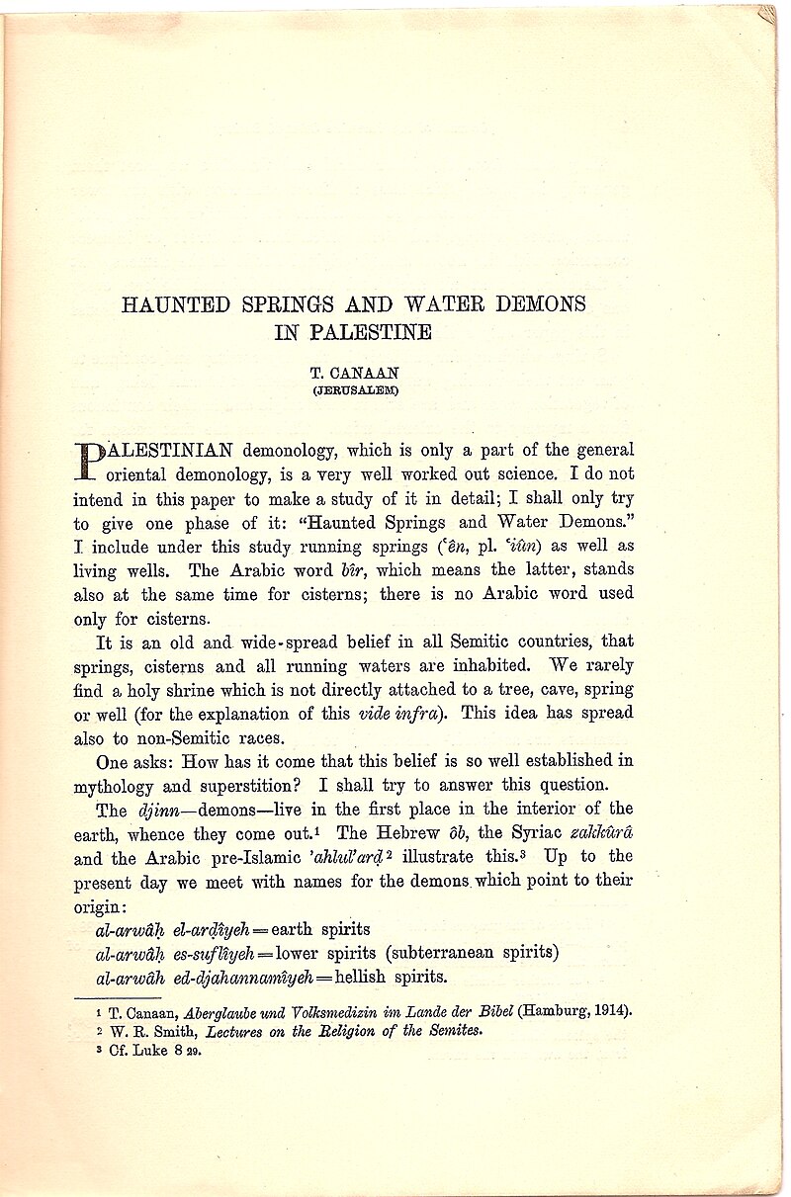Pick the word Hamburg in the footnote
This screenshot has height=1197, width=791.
point(553,1011)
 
